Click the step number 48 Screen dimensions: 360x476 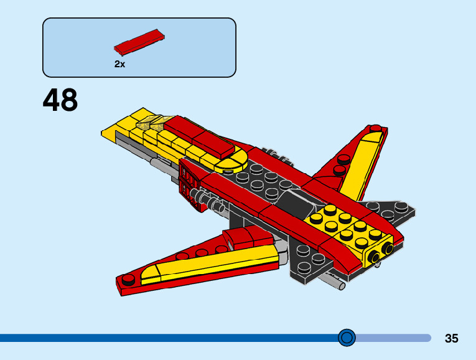(x=60, y=100)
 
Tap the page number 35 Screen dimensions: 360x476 (x=452, y=339)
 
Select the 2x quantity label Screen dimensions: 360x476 (x=119, y=64)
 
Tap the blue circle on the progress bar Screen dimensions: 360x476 (x=347, y=338)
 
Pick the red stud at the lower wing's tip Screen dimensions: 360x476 (x=129, y=278)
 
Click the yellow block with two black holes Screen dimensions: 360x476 (x=381, y=253)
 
